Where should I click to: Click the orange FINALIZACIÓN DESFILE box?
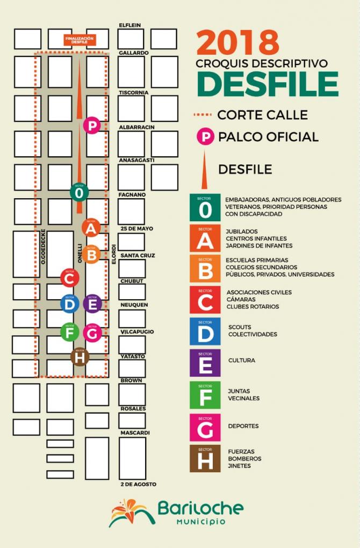(x=80, y=40)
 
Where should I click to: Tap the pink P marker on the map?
(x=92, y=126)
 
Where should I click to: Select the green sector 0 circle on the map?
(x=80, y=191)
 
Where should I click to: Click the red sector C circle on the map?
(x=70, y=278)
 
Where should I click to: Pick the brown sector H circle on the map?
(x=80, y=356)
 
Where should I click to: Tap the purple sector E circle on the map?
(x=92, y=304)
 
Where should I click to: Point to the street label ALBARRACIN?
(x=136, y=127)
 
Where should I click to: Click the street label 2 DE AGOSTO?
(x=138, y=485)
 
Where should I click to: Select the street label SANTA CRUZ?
(x=138, y=256)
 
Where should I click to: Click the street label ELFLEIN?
(x=131, y=25)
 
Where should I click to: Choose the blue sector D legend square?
(x=205, y=331)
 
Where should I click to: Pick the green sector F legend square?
(x=205, y=395)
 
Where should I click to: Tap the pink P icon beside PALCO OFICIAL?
(x=205, y=136)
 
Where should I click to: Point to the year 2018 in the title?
(x=237, y=43)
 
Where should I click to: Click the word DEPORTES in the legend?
(x=243, y=426)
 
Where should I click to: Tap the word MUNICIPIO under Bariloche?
(x=201, y=522)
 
